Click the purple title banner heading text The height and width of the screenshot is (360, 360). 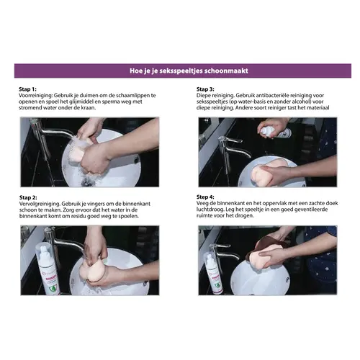click(x=189, y=71)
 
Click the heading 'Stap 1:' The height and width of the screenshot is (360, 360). click(x=27, y=89)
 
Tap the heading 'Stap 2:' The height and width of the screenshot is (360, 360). click(x=28, y=197)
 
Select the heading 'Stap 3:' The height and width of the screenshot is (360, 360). click(x=205, y=89)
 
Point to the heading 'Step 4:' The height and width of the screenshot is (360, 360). click(x=205, y=197)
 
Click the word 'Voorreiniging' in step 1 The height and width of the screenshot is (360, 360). click(x=35, y=96)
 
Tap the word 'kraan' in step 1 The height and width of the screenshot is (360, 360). click(x=88, y=108)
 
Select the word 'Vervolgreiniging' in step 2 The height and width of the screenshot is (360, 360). click(x=40, y=204)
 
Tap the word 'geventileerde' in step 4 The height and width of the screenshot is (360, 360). click(x=311, y=210)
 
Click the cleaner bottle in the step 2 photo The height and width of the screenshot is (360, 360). click(x=47, y=269)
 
